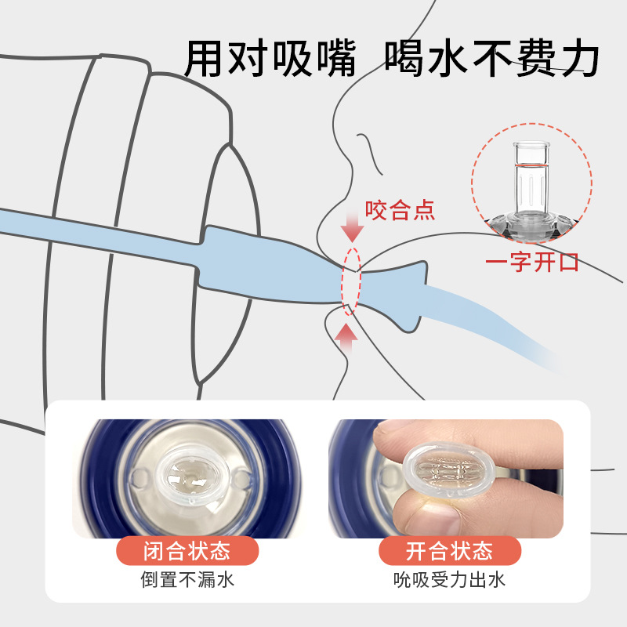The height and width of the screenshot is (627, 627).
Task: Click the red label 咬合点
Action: pyautogui.click(x=400, y=210)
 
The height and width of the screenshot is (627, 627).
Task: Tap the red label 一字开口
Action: pyautogui.click(x=532, y=263)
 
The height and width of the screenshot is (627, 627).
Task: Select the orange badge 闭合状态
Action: pyautogui.click(x=187, y=551)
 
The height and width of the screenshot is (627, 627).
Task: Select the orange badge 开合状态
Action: pyautogui.click(x=449, y=551)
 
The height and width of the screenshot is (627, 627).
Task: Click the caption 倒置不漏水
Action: pyautogui.click(x=187, y=579)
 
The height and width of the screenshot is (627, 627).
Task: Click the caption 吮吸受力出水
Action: pyautogui.click(x=449, y=579)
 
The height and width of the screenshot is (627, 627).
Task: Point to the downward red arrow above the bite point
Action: pyautogui.click(x=352, y=227)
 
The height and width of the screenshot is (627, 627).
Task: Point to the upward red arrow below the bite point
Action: pyautogui.click(x=346, y=339)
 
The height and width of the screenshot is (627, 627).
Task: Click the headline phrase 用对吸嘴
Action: pyautogui.click(x=270, y=58)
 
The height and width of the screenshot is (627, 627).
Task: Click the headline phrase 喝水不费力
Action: pyautogui.click(x=492, y=58)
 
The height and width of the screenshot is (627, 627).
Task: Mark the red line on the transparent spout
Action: pyautogui.click(x=531, y=165)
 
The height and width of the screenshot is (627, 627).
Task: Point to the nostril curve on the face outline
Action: pyautogui.click(x=370, y=152)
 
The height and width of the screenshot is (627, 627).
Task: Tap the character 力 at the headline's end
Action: pyautogui.click(x=579, y=58)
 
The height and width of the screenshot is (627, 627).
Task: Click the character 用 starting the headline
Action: pyautogui.click(x=205, y=58)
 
